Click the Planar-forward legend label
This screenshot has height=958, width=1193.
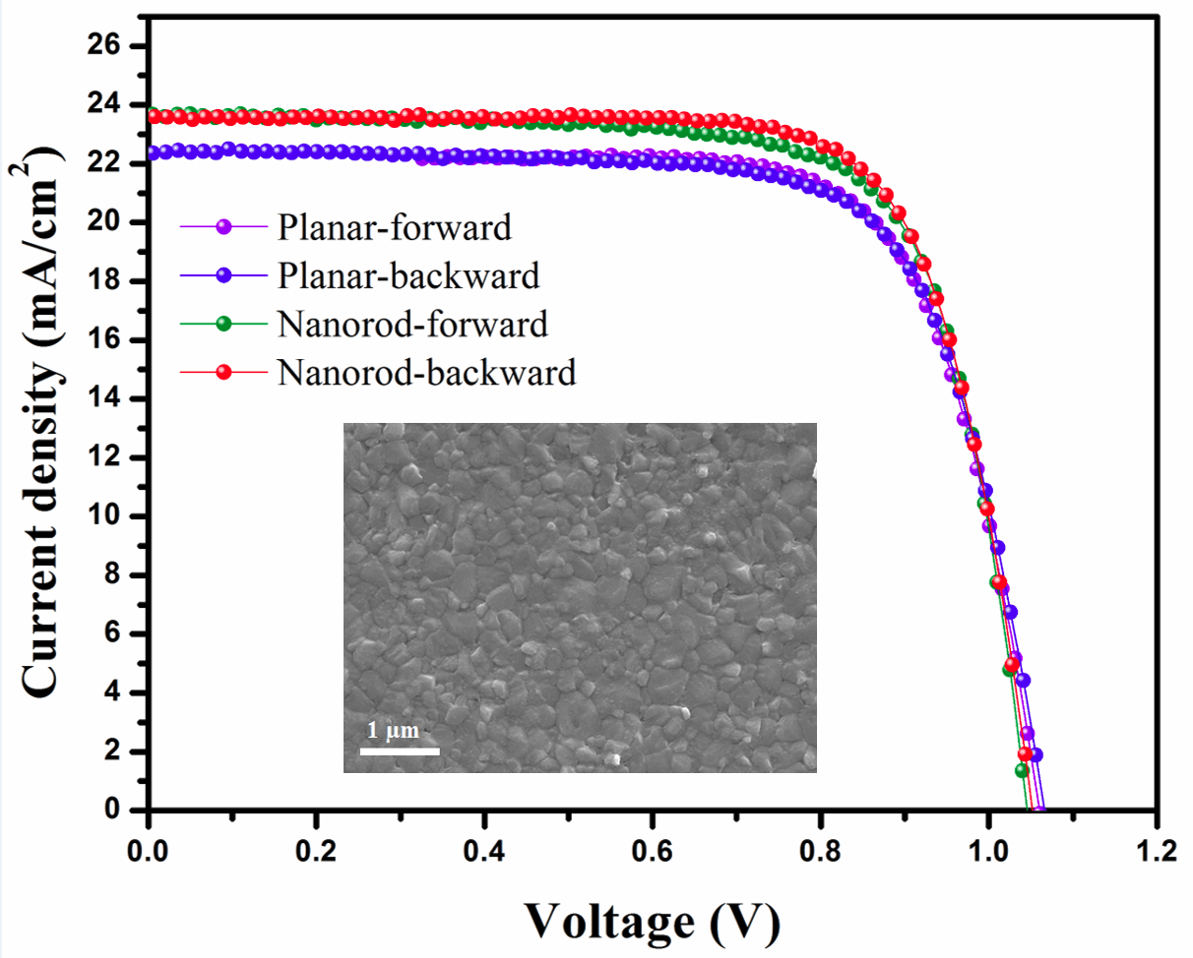pos(395,227)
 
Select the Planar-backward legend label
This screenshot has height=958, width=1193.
pos(408,275)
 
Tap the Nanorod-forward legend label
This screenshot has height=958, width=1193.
pos(412,324)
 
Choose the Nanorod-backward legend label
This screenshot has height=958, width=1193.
pos(426,372)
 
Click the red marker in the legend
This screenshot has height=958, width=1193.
pos(223,372)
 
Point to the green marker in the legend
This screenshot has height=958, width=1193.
pos(223,324)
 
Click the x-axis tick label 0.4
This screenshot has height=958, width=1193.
pos(483,849)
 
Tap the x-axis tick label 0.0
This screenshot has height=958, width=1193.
pos(148,849)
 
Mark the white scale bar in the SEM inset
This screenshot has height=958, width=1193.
pos(399,751)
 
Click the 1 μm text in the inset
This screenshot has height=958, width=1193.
pos(394,731)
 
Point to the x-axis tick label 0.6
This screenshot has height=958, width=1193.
pos(652,849)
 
